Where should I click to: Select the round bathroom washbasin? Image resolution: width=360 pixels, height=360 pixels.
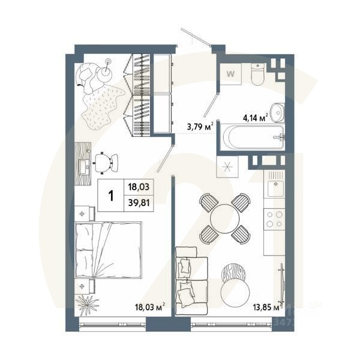point(277,112)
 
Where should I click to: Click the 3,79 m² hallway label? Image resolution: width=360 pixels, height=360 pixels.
point(200,126)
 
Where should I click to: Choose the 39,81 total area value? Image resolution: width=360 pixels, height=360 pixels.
point(139,202)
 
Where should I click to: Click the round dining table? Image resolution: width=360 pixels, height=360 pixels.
point(224,217)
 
